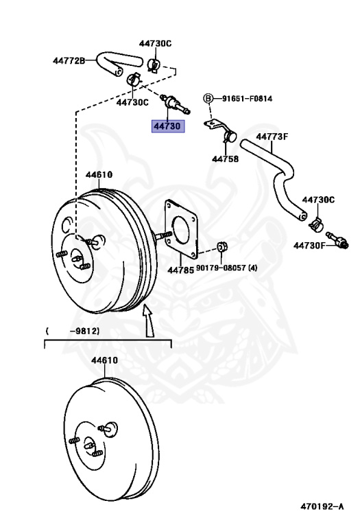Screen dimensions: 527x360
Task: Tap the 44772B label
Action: point(69,60)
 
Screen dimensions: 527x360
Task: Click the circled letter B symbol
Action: point(208,99)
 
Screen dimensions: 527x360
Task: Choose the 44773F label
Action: point(272,137)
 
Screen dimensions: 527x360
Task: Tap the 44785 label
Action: point(180,269)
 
